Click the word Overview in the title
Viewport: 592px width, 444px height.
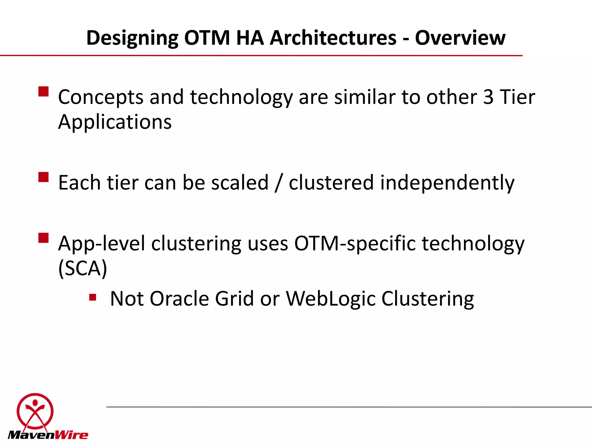coord(460,38)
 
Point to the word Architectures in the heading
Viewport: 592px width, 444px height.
coord(333,38)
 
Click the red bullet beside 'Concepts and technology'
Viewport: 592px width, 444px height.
coord(43,92)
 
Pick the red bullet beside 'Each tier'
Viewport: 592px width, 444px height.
coord(43,177)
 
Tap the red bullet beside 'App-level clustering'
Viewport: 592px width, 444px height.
coord(43,238)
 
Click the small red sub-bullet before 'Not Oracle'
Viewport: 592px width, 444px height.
coord(92,297)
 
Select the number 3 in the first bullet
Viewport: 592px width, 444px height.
coord(488,97)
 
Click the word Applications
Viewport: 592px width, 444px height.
coord(115,122)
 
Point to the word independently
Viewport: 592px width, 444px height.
coord(447,183)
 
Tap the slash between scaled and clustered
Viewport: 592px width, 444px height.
coord(278,183)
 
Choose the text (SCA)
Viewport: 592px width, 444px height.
coord(83,268)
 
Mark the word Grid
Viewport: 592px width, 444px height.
coord(234,298)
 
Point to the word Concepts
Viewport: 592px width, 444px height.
coord(101,97)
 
